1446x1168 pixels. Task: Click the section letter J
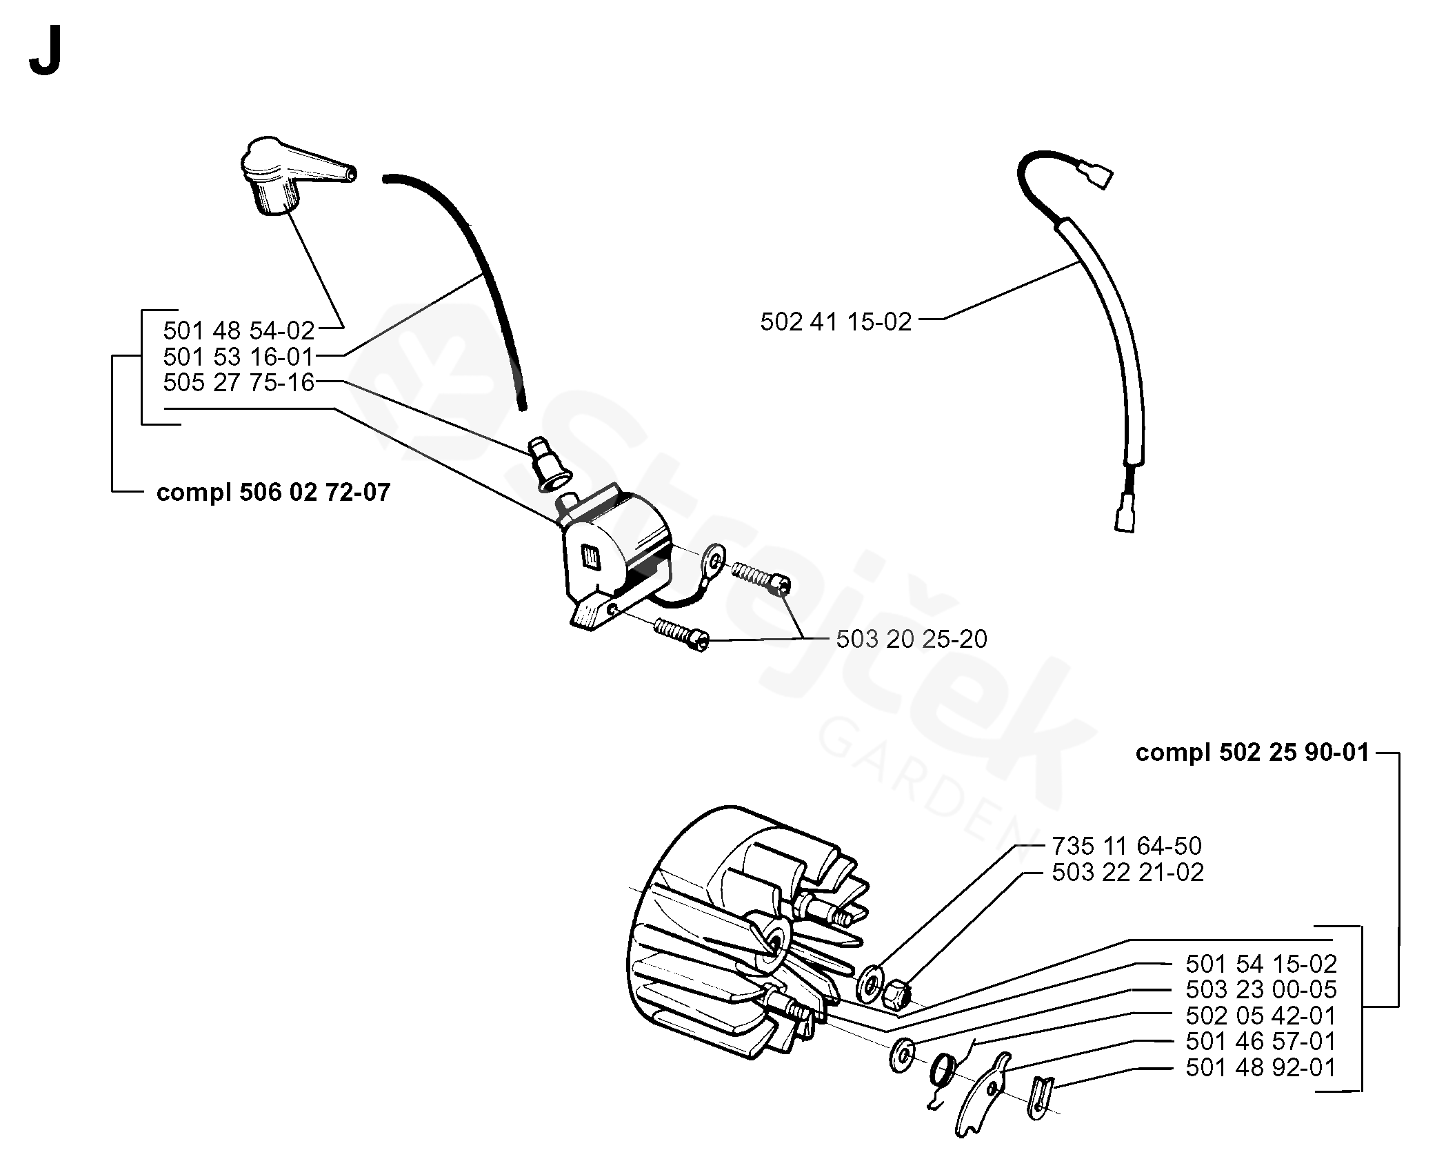point(46,54)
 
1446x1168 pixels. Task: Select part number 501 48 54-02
point(239,331)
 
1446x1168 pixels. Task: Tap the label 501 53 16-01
point(239,357)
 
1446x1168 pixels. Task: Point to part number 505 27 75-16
point(239,382)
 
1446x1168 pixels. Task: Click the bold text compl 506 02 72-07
point(273,493)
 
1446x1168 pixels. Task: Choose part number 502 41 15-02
point(836,321)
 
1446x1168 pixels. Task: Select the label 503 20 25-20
point(912,639)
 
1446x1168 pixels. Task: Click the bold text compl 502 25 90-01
point(1252,753)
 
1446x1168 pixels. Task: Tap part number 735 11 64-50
point(1127,846)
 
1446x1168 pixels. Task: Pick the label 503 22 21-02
point(1127,872)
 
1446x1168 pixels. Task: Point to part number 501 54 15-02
point(1261,963)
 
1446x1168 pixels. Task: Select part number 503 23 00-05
point(1261,989)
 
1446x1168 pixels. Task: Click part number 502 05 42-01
point(1261,1016)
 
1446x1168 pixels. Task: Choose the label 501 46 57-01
point(1261,1041)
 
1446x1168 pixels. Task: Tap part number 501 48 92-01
point(1261,1067)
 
